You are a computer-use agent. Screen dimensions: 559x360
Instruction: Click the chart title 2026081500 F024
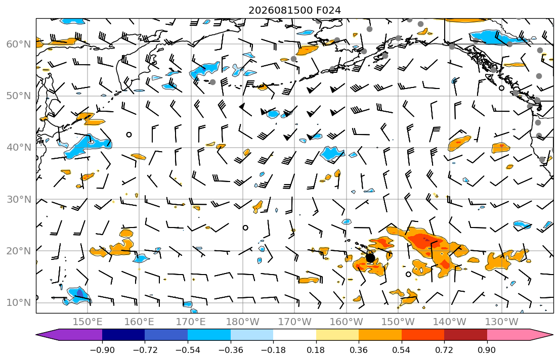pos(294,10)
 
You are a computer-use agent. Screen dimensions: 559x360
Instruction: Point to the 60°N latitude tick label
pos(19,44)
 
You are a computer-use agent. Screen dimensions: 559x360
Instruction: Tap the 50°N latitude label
pos(19,96)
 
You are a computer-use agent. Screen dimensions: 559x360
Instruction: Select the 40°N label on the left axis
pos(19,147)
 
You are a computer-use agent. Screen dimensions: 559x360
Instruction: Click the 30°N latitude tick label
pos(19,199)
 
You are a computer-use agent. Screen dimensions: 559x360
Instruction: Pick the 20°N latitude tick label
pos(19,251)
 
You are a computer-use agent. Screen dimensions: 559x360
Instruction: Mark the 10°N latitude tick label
pos(19,303)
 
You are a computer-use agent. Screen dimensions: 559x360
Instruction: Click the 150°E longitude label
pos(88,322)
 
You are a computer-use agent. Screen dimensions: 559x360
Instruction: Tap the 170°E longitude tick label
pos(191,322)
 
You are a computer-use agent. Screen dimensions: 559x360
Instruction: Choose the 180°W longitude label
pos(243,322)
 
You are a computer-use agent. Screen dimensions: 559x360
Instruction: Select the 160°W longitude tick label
pos(346,322)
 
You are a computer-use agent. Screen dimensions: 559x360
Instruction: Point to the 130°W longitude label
pos(502,322)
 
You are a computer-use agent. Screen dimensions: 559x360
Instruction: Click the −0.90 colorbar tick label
pos(102,350)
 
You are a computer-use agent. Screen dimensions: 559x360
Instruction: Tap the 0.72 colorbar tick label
pos(444,350)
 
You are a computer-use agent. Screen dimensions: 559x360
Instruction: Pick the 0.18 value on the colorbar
pos(316,350)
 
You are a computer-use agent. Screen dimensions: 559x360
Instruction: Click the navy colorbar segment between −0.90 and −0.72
pos(123,335)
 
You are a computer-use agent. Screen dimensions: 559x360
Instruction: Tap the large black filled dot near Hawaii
pos(370,257)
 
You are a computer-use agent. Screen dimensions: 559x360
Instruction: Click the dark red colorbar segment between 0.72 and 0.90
pos(465,335)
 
